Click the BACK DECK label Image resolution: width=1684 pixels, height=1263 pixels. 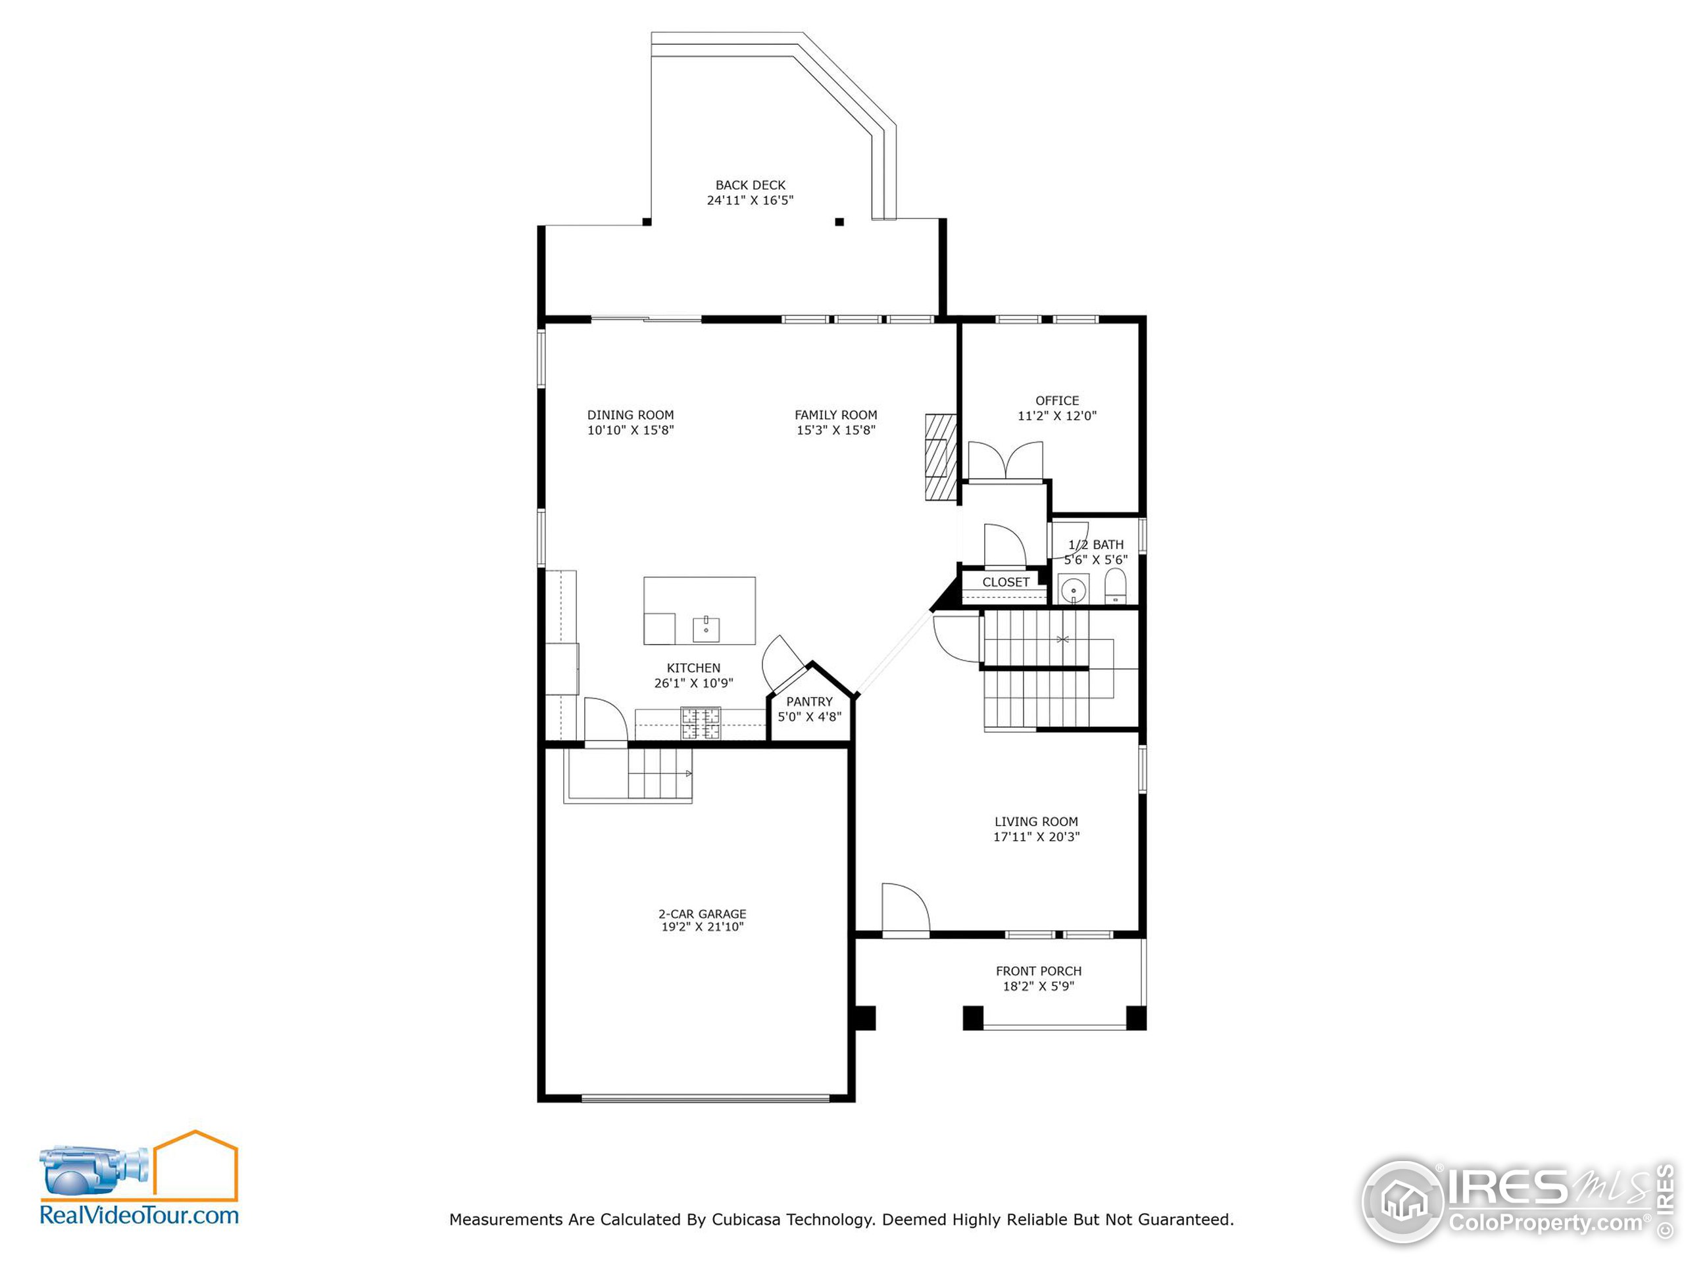750,185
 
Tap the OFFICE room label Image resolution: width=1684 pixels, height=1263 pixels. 1056,401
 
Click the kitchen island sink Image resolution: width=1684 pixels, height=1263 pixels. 706,628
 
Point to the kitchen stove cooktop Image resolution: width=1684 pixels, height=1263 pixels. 701,723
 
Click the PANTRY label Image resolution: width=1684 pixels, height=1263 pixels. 809,702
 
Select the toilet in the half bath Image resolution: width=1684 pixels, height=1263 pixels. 1115,587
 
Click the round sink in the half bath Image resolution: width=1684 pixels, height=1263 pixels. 1074,590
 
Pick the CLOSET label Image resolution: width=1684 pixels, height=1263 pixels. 1006,582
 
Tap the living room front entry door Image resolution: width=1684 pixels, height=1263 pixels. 905,908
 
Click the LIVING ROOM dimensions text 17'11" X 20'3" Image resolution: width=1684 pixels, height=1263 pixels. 1036,837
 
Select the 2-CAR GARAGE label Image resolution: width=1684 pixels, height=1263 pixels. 702,914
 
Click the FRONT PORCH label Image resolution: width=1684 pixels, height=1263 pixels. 1039,972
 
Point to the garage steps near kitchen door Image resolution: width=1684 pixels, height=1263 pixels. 658,774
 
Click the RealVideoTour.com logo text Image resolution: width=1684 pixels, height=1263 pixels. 139,1215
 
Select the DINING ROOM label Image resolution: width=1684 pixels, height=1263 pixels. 630,415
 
